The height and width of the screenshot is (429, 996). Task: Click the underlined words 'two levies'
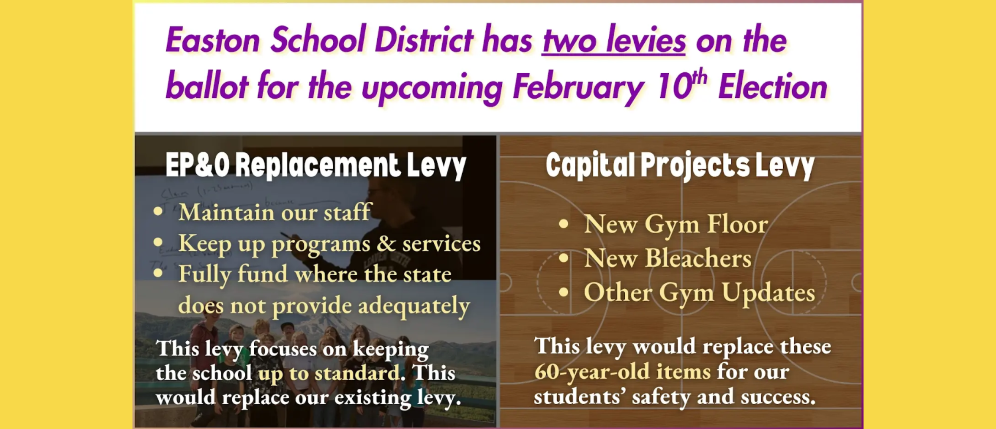pos(614,40)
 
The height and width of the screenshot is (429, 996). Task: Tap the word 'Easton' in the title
pos(213,40)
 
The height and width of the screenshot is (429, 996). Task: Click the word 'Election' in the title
pos(772,87)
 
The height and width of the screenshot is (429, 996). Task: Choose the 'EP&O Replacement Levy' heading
pos(315,166)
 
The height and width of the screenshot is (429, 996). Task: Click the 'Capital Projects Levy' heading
pos(679,166)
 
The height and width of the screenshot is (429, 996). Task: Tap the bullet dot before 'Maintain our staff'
pos(158,211)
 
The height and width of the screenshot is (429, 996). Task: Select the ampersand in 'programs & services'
pos(386,243)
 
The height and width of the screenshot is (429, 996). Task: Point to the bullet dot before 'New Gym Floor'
pos(564,224)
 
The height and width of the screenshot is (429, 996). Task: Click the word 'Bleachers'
pos(698,258)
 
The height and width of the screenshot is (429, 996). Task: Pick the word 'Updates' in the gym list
pos(768,293)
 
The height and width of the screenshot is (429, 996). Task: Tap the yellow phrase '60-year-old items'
pos(622,371)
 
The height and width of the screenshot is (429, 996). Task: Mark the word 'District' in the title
pos(424,40)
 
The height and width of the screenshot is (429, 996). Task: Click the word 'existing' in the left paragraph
pos(372,398)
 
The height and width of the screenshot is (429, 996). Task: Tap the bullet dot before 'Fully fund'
pos(158,274)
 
